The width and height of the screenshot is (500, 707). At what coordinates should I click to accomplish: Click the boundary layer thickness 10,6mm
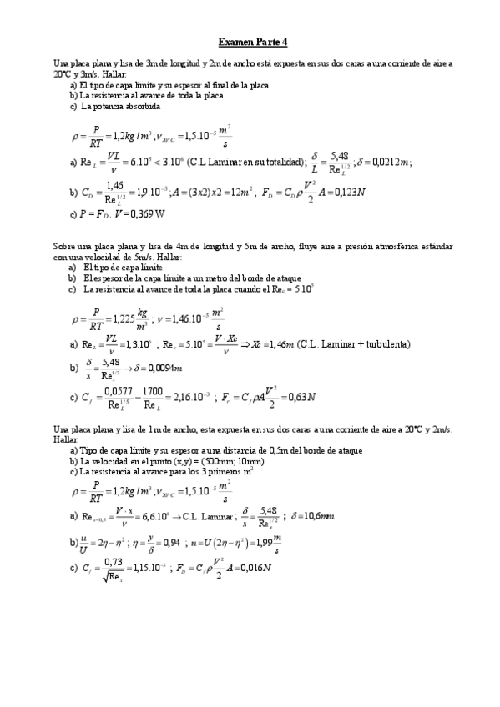pyautogui.click(x=317, y=516)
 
